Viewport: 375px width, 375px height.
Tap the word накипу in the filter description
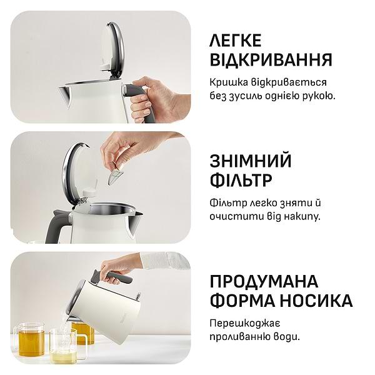[x=300, y=216]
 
